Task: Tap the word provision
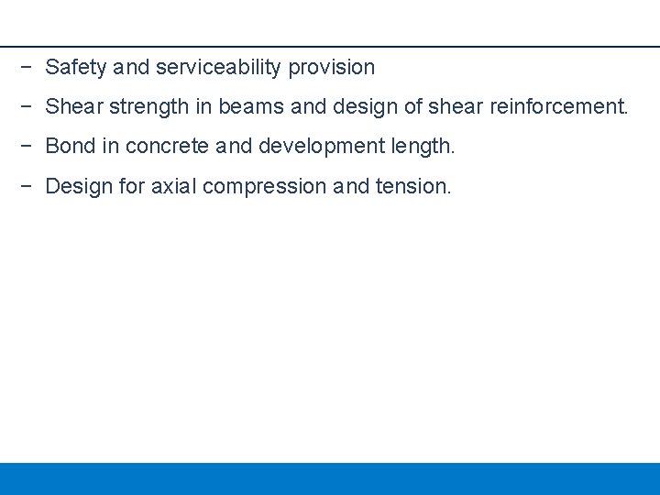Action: (x=332, y=68)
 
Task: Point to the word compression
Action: (x=265, y=187)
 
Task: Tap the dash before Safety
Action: (x=27, y=68)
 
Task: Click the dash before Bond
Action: (x=27, y=147)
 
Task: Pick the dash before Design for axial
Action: (x=27, y=187)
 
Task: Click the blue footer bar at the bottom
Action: (x=330, y=478)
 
